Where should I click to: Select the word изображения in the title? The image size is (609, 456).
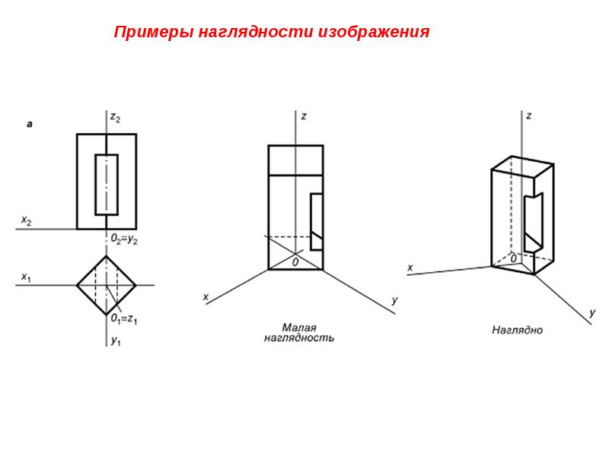pyautogui.click(x=374, y=32)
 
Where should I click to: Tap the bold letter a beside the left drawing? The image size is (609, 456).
pyautogui.click(x=30, y=125)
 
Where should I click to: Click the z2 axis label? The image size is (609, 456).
pyautogui.click(x=116, y=117)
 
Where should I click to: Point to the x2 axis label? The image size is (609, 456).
pyautogui.click(x=26, y=220)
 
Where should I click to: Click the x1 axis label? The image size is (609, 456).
pyautogui.click(x=26, y=277)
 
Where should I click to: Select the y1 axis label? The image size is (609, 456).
pyautogui.click(x=116, y=340)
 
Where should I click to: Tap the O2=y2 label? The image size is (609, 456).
pyautogui.click(x=124, y=239)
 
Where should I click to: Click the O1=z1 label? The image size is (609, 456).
pyautogui.click(x=124, y=318)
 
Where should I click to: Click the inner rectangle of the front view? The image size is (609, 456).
pyautogui.click(x=96, y=185)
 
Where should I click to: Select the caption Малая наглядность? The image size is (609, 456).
pyautogui.click(x=298, y=333)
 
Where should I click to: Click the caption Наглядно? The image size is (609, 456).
pyautogui.click(x=517, y=330)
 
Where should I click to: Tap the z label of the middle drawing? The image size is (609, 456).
pyautogui.click(x=304, y=116)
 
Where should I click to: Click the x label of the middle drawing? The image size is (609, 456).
pyautogui.click(x=206, y=297)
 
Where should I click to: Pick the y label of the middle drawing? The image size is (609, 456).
pyautogui.click(x=394, y=300)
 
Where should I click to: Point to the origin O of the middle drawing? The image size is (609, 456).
pyautogui.click(x=295, y=262)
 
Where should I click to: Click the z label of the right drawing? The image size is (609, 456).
pyautogui.click(x=528, y=116)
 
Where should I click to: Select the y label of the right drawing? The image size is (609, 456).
pyautogui.click(x=592, y=312)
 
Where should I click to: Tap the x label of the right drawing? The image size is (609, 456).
pyautogui.click(x=410, y=268)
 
